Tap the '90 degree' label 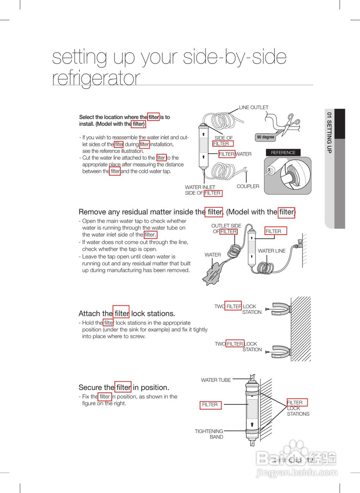point(266,137)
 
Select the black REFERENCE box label point(283,153)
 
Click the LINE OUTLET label point(254,107)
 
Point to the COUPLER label point(248,186)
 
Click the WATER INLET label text point(200,188)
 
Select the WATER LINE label point(272,251)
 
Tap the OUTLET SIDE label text point(226,226)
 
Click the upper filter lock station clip point(278,308)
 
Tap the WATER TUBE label point(216,380)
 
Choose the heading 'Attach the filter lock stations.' point(127,314)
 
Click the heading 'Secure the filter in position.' point(124,387)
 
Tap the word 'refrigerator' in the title point(96,78)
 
